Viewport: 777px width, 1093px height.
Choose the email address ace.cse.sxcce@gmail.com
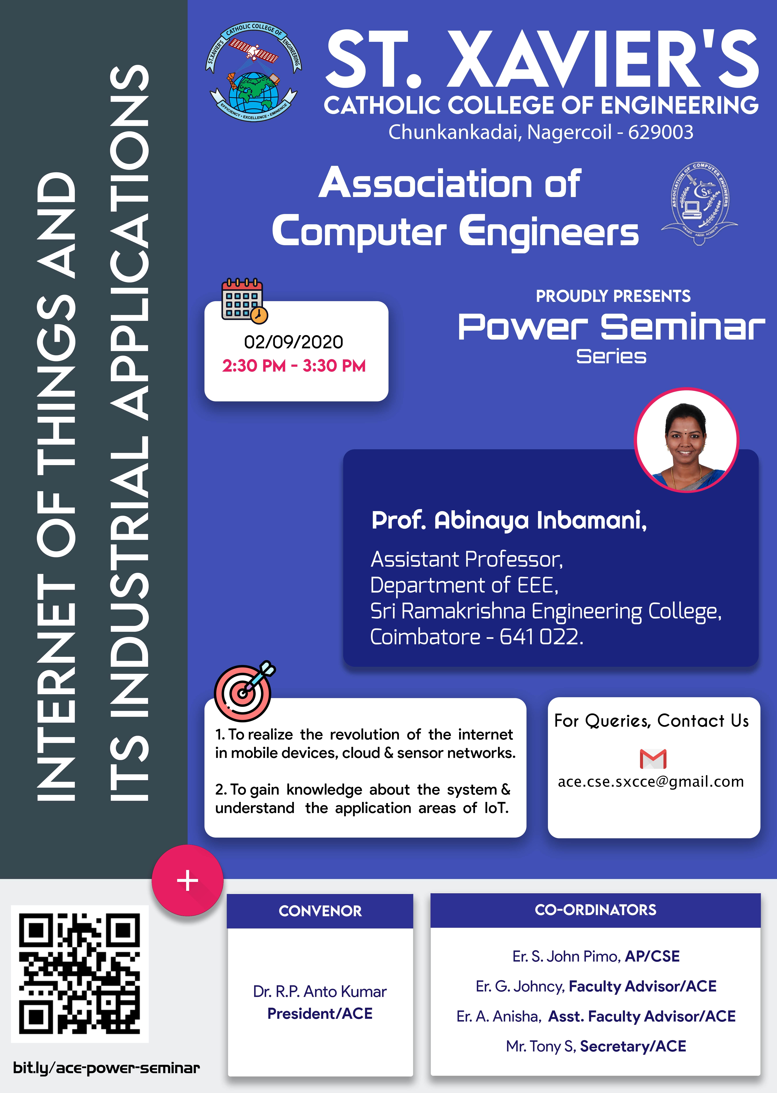pyautogui.click(x=651, y=782)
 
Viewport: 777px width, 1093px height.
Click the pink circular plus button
pyautogui.click(x=187, y=881)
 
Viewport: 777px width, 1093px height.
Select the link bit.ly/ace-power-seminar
pyautogui.click(x=106, y=1068)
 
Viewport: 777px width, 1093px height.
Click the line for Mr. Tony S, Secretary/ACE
pyautogui.click(x=596, y=1046)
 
